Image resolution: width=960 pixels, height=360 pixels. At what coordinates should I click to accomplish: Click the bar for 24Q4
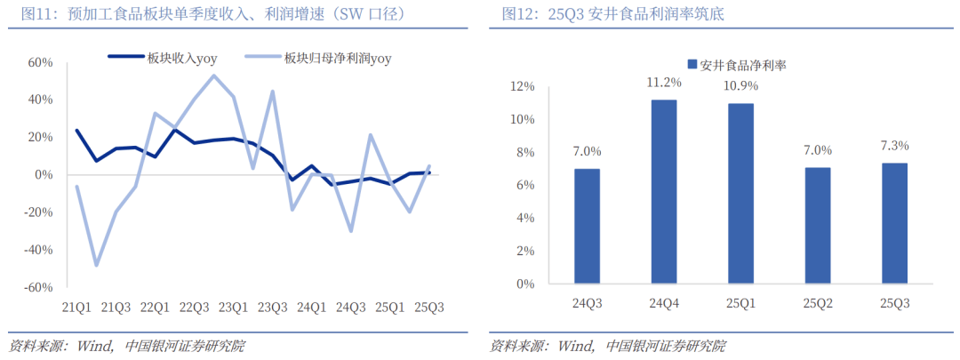pyautogui.click(x=664, y=192)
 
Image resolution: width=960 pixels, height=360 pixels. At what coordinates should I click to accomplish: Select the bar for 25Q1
pyautogui.click(x=741, y=194)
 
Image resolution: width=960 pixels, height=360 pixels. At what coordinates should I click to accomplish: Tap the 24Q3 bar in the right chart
pyautogui.click(x=587, y=227)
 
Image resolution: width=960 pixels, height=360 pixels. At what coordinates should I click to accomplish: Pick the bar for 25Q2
pyautogui.click(x=818, y=226)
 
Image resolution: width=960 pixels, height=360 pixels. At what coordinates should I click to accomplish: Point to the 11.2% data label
pyautogui.click(x=664, y=83)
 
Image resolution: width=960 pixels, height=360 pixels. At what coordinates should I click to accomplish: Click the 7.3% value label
pyautogui.click(x=895, y=146)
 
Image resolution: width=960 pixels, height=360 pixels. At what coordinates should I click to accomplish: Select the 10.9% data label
pyautogui.click(x=741, y=86)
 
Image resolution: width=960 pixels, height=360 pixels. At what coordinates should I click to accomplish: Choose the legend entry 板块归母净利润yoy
pyautogui.click(x=338, y=58)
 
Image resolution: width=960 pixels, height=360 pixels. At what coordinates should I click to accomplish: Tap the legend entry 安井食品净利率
pyautogui.click(x=738, y=65)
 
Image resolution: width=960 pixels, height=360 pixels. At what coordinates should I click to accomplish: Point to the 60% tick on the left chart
pyautogui.click(x=41, y=62)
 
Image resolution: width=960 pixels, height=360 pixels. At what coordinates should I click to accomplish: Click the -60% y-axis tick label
pyautogui.click(x=39, y=288)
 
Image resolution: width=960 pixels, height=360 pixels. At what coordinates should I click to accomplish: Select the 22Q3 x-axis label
pyautogui.click(x=194, y=308)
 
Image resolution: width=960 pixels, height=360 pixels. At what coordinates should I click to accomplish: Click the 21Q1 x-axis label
pyautogui.click(x=76, y=308)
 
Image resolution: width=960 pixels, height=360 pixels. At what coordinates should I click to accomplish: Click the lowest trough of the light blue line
pyautogui.click(x=96, y=265)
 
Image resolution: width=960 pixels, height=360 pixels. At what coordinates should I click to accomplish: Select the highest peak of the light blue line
pyautogui.click(x=213, y=75)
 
